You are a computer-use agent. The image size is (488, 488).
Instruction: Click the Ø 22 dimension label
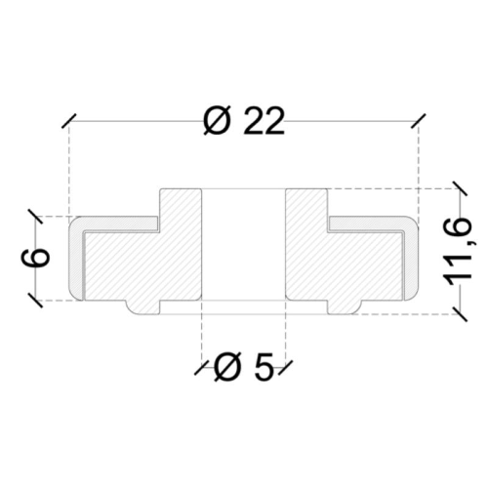coord(244,120)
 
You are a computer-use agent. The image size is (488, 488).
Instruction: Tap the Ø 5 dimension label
coord(243,367)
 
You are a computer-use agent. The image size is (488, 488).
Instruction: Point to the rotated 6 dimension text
coord(36,258)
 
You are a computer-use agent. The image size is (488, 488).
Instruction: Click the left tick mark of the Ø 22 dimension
coord(69,121)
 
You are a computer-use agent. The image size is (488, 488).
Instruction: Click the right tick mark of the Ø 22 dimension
coord(419,121)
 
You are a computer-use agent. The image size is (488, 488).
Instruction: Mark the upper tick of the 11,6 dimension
coord(460,188)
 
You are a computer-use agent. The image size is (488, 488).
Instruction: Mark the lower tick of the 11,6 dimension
coord(460,314)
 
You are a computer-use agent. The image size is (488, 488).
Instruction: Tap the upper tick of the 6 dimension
coord(35,216)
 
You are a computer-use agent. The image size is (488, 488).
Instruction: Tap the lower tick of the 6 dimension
coord(35,301)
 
